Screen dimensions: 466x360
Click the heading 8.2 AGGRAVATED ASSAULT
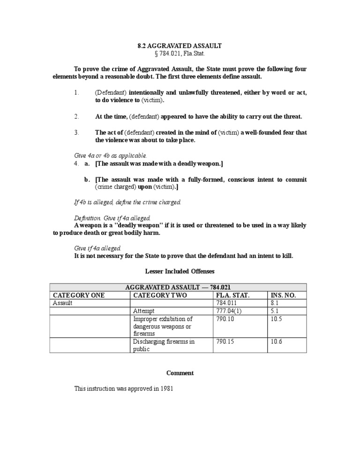point(180,46)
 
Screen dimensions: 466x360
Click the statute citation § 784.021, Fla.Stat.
point(180,54)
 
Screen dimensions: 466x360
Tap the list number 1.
point(77,93)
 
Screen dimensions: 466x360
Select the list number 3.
point(77,133)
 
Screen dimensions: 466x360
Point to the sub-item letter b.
point(87,180)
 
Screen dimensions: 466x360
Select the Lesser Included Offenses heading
point(180,271)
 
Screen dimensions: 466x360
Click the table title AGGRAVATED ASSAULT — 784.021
point(179,287)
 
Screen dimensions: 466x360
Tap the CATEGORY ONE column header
point(79,295)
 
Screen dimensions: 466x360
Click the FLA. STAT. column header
point(233,295)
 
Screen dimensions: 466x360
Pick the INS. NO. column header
point(283,295)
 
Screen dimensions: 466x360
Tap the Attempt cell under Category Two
point(144,311)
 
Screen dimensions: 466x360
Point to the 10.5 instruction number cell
point(276,319)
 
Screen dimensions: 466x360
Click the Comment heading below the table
point(180,373)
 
